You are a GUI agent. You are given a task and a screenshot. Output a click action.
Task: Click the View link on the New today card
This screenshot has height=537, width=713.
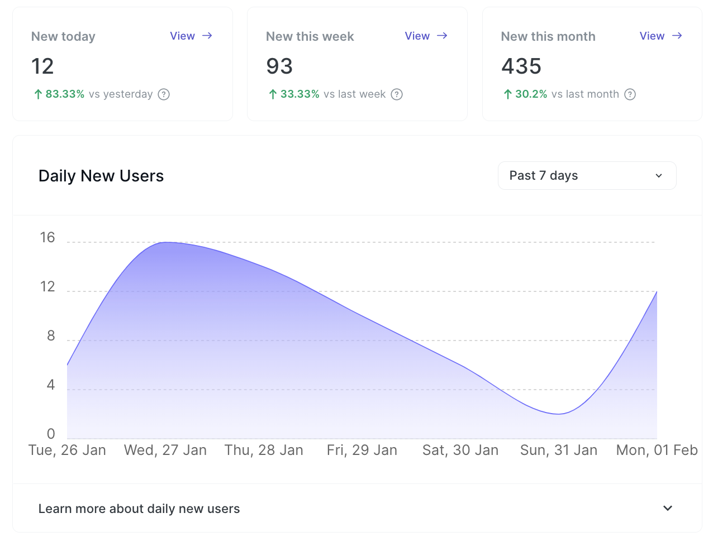pyautogui.click(x=191, y=36)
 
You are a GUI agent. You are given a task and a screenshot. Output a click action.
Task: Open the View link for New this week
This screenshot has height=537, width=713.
pyautogui.click(x=426, y=36)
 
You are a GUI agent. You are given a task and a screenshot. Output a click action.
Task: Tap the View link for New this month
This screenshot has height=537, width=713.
pyautogui.click(x=660, y=36)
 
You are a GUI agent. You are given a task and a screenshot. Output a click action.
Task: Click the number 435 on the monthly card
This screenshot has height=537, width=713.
pyautogui.click(x=521, y=66)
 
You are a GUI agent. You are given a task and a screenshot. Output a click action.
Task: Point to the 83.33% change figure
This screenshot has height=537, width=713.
pyautogui.click(x=65, y=94)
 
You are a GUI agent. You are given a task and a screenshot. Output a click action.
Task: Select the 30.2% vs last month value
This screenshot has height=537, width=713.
pyautogui.click(x=531, y=94)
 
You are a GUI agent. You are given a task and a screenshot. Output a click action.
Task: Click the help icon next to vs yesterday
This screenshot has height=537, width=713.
pyautogui.click(x=164, y=94)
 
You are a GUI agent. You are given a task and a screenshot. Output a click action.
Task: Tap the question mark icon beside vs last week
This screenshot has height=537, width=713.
pyautogui.click(x=397, y=94)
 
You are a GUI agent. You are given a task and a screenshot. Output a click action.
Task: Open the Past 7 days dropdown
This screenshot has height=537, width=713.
pyautogui.click(x=587, y=176)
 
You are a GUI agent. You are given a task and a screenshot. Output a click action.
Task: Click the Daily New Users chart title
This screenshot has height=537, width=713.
pyautogui.click(x=101, y=176)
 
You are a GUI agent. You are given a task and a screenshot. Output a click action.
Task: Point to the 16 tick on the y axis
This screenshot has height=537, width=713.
pyautogui.click(x=47, y=238)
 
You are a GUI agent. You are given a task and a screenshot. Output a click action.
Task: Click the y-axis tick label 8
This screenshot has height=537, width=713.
pyautogui.click(x=51, y=336)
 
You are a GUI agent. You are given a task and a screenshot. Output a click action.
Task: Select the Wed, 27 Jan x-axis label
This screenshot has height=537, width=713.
pyautogui.click(x=165, y=450)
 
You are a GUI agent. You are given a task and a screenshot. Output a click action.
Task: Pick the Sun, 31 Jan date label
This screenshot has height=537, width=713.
pyautogui.click(x=559, y=450)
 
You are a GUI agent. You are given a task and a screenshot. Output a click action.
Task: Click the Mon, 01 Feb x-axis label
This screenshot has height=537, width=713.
pyautogui.click(x=657, y=450)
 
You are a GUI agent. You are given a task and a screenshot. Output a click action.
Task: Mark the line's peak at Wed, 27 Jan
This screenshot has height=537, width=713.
pyautogui.click(x=166, y=242)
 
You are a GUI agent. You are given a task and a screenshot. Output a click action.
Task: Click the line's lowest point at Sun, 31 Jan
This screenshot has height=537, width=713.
pyautogui.click(x=559, y=414)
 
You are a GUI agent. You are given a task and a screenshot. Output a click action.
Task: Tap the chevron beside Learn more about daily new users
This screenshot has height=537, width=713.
pyautogui.click(x=667, y=509)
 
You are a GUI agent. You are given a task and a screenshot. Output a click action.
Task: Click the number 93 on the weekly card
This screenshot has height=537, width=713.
pyautogui.click(x=279, y=66)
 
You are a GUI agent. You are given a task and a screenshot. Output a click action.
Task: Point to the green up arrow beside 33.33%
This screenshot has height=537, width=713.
pyautogui.click(x=273, y=94)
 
